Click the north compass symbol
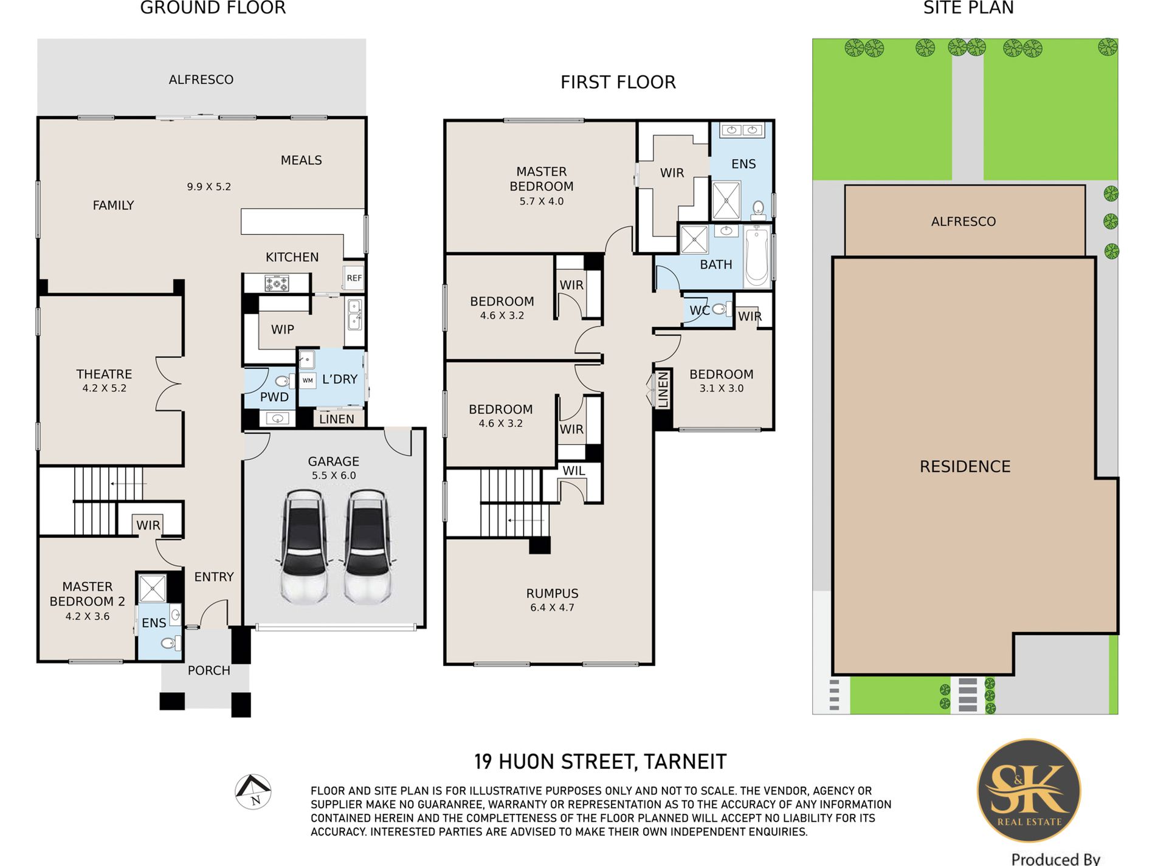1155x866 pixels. [x=253, y=791]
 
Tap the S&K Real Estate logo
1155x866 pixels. [x=1029, y=790]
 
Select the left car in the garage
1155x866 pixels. [x=305, y=547]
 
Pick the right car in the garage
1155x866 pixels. [x=367, y=547]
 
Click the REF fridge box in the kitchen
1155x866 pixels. [x=354, y=278]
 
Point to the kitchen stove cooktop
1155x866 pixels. [x=277, y=283]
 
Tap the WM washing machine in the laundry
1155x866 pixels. [x=308, y=380]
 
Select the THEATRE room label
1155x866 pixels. [x=104, y=374]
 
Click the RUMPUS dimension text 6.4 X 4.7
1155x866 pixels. [x=552, y=607]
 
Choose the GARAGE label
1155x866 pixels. [x=333, y=461]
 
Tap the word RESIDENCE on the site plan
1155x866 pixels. [x=965, y=467]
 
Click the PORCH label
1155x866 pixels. [x=209, y=670]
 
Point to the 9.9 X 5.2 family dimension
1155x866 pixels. [x=209, y=187]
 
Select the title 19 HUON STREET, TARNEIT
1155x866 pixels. [x=601, y=761]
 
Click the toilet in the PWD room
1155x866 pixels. [x=283, y=381]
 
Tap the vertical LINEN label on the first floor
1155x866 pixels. [x=663, y=390]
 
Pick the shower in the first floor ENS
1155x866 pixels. [x=726, y=200]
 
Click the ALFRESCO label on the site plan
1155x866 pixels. [x=964, y=221]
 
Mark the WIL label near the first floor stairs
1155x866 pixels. [x=574, y=471]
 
